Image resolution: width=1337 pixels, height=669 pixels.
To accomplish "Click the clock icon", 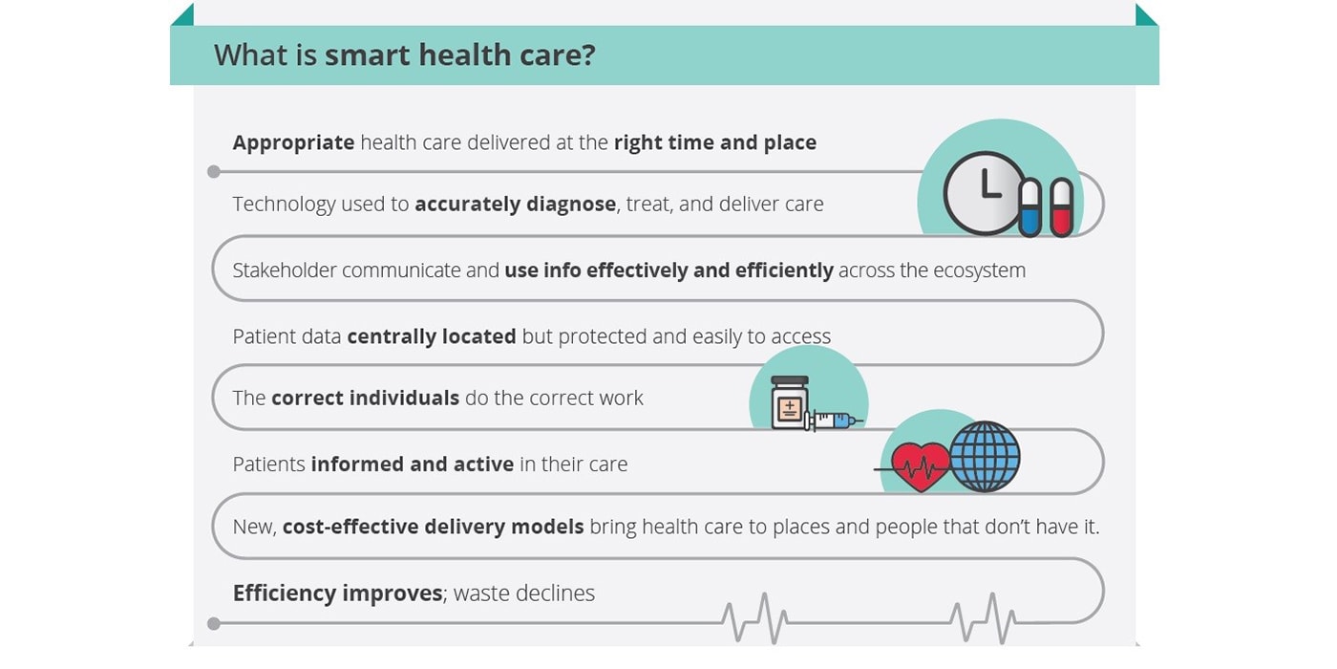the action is click(985, 193).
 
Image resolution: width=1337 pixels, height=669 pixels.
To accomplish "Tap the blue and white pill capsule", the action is click(1030, 208).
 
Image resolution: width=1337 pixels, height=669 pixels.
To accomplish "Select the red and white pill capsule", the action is click(1061, 207).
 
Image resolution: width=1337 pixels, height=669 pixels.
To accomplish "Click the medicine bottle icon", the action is click(789, 402).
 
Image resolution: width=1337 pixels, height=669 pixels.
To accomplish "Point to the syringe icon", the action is click(834, 420).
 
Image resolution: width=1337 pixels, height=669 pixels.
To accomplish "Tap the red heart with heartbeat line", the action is click(920, 466).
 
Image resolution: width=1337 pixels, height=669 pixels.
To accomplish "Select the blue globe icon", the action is click(985, 457).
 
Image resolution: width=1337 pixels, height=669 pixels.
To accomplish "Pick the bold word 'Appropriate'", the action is click(294, 143).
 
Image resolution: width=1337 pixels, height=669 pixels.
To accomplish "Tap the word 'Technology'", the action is click(285, 205).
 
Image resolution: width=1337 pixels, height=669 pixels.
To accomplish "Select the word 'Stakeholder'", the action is click(285, 270).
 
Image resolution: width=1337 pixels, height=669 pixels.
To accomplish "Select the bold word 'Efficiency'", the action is click(285, 593).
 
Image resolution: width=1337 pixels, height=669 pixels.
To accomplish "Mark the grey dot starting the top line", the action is click(214, 172).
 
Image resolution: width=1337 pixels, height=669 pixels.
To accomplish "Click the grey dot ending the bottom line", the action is click(214, 623).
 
